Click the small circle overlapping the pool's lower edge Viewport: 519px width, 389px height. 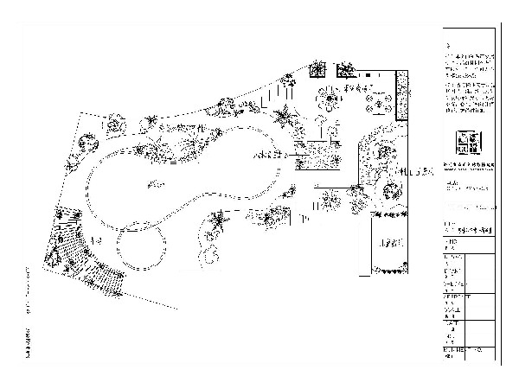(141, 246)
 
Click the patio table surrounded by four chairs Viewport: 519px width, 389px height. (381, 104)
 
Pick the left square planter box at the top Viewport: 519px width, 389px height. (317, 68)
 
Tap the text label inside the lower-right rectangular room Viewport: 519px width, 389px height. (388, 244)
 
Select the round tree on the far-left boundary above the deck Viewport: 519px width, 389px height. (84, 143)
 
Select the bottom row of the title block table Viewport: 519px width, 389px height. (468, 352)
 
